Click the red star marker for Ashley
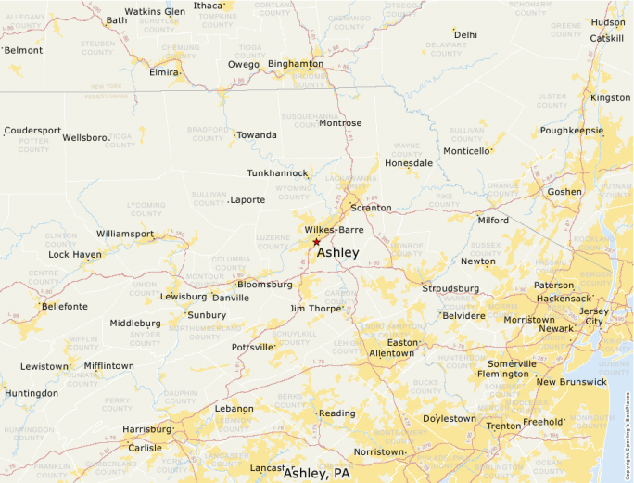point(316,241)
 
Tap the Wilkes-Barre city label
point(334,229)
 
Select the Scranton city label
point(371,208)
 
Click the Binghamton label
point(296,63)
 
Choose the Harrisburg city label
point(146,429)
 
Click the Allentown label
point(391,353)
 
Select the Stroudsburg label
point(450,288)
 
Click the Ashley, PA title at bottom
point(317,474)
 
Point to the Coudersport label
point(32,131)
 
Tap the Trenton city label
point(503,426)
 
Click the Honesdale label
point(409,162)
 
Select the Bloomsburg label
point(265,284)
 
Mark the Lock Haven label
point(75,254)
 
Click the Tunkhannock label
point(277,173)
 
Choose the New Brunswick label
point(571,382)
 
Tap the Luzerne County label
point(273,242)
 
